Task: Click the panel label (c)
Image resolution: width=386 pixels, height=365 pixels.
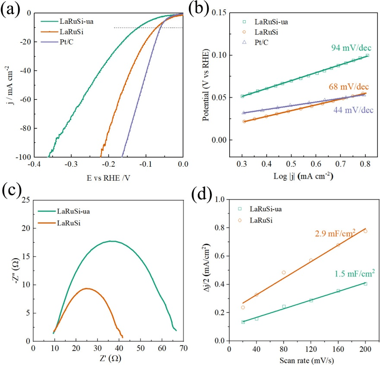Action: click(x=10, y=190)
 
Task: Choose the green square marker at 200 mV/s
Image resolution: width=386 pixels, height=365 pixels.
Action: click(x=365, y=284)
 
